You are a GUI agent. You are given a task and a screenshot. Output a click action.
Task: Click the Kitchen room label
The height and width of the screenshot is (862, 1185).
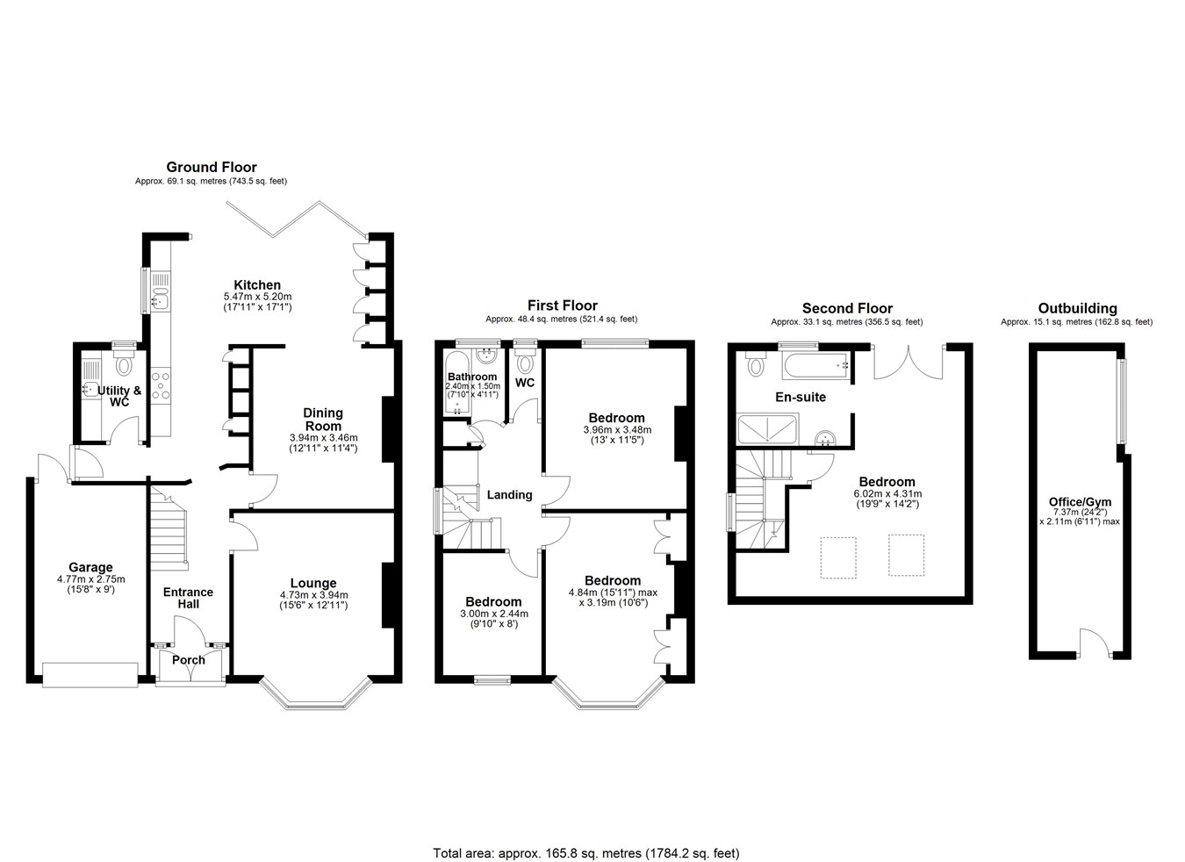tap(257, 285)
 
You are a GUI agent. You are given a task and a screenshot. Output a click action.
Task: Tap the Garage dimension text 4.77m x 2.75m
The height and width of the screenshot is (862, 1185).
tap(91, 579)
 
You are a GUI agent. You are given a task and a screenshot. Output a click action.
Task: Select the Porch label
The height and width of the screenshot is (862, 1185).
tap(189, 660)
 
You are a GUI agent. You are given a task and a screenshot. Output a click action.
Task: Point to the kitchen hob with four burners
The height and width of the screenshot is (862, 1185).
tap(161, 385)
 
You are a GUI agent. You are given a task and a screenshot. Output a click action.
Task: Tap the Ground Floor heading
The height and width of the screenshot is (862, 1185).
tap(212, 167)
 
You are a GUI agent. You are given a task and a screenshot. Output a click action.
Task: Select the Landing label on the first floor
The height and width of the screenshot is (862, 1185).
tap(509, 495)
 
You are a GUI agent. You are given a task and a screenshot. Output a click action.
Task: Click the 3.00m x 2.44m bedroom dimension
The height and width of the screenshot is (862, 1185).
tap(494, 614)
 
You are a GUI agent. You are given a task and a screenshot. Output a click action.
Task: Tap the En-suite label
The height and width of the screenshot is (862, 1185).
tap(801, 397)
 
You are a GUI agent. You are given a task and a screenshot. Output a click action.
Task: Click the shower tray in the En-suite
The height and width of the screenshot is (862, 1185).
tap(767, 429)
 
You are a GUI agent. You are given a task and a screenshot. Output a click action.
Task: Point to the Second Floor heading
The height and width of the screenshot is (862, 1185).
tap(847, 308)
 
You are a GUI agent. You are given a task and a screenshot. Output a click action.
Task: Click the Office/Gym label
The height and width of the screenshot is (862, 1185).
tap(1079, 501)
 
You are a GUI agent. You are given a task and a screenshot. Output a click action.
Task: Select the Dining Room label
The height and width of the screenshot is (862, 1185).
tap(323, 419)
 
